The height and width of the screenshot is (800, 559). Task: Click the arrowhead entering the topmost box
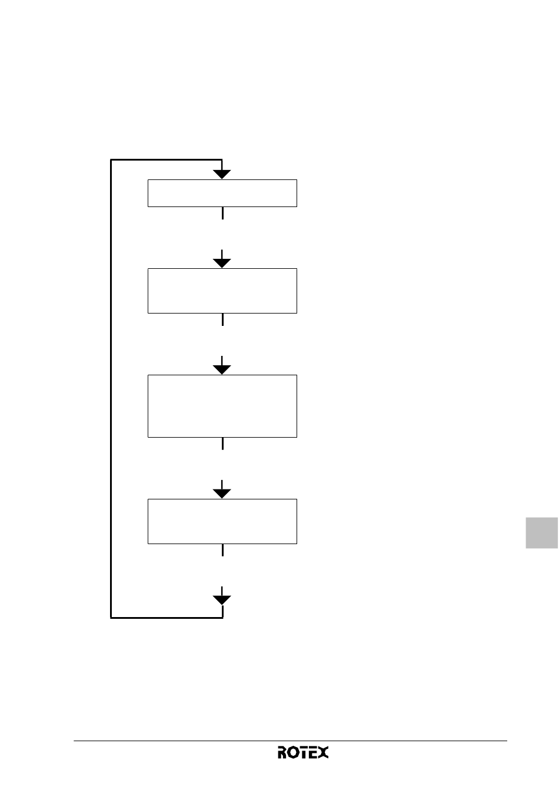[222, 174]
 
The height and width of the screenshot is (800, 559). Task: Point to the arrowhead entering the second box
[222, 263]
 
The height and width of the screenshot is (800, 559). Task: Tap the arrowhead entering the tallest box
[222, 369]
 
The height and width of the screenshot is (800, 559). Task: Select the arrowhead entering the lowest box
[222, 494]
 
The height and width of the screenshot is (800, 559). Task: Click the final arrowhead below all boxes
[222, 600]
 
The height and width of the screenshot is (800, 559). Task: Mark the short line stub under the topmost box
[222, 213]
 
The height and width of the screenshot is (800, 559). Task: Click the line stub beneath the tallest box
[222, 444]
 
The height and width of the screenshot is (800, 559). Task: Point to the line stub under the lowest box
[222, 550]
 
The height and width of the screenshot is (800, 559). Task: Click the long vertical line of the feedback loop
[111, 389]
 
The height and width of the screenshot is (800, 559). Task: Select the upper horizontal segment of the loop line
[167, 159]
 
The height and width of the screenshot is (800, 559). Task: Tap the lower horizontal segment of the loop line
[167, 618]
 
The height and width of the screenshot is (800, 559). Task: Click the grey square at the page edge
[541, 532]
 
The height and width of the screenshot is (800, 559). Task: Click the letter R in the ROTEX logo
[282, 752]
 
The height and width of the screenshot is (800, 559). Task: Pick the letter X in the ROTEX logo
[323, 752]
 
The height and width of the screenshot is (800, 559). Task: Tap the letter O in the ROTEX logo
[291, 752]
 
